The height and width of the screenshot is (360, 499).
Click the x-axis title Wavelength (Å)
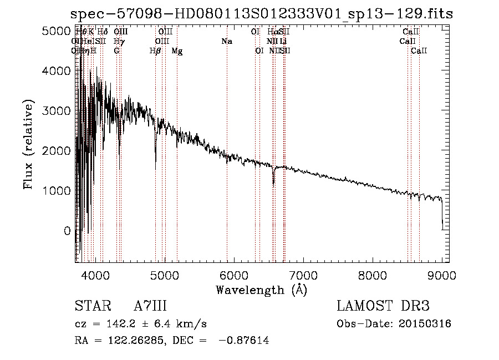pyautogui.click(x=261, y=290)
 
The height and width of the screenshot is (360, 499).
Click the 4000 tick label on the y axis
pyautogui.click(x=55, y=71)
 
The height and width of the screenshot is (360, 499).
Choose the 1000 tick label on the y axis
pyautogui.click(x=55, y=191)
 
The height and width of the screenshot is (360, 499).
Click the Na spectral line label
pyautogui.click(x=226, y=42)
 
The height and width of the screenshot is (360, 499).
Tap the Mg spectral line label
pyautogui.click(x=177, y=51)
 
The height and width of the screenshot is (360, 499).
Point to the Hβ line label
pyautogui.click(x=155, y=51)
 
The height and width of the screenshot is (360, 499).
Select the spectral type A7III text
pyautogui.click(x=150, y=306)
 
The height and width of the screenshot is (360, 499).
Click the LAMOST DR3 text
pyautogui.click(x=383, y=306)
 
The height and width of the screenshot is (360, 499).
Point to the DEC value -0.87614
pyautogui.click(x=244, y=341)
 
